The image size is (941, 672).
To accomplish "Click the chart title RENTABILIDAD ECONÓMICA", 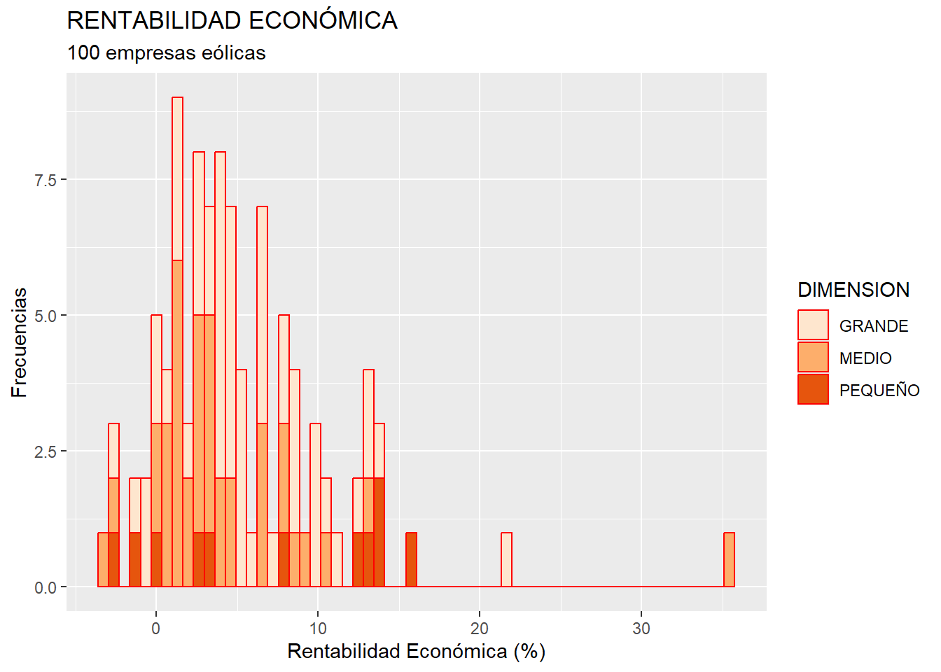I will click(232, 21).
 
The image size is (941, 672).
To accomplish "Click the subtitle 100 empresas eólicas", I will click(166, 53).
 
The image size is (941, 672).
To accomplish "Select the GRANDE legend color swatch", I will click(813, 325).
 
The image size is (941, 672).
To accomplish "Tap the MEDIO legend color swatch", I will click(813, 358).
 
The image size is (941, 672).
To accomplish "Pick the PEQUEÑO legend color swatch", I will click(813, 390).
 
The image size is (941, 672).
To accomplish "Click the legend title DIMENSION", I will click(853, 290).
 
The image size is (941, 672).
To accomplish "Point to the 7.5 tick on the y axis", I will click(46, 180).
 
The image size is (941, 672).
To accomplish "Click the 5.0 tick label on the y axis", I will click(46, 316).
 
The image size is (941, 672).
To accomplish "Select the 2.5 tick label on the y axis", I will click(46, 451).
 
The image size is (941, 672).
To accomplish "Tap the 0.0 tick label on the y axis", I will click(46, 587).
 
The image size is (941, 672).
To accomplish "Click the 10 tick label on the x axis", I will click(318, 629).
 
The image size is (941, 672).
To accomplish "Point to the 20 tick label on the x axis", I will click(480, 629).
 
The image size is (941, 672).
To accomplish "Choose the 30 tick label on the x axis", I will click(641, 629).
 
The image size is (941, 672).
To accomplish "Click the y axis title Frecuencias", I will click(20, 342).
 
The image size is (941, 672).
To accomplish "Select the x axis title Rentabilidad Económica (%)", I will click(416, 652).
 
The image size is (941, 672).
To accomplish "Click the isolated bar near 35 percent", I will click(729, 560).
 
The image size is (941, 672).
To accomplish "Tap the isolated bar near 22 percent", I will click(506, 560).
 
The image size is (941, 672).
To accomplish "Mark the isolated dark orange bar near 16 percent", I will click(411, 560).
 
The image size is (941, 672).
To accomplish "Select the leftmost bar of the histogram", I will click(103, 560).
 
